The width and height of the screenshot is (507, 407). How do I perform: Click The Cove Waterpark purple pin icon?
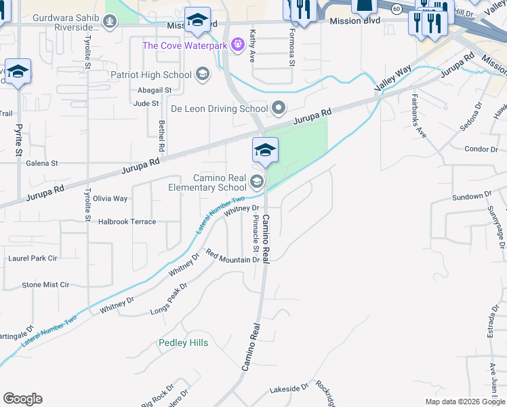click(x=237, y=45)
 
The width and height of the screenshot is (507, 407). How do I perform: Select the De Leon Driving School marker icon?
click(x=278, y=108)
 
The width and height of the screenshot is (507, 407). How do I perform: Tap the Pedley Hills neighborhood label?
click(x=183, y=343)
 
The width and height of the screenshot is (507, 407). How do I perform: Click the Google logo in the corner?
click(x=22, y=399)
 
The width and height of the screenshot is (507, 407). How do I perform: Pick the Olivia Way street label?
click(x=110, y=199)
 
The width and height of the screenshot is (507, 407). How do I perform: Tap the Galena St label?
click(x=42, y=163)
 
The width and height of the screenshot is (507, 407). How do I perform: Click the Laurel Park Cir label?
click(x=33, y=258)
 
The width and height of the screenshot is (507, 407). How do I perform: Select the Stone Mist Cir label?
click(x=45, y=286)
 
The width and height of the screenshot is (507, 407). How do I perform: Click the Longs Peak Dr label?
click(x=168, y=299)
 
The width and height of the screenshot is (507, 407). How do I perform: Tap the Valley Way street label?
click(x=393, y=80)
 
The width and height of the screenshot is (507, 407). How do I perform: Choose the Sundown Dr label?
click(x=471, y=197)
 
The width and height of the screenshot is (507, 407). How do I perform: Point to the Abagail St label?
click(x=155, y=90)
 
